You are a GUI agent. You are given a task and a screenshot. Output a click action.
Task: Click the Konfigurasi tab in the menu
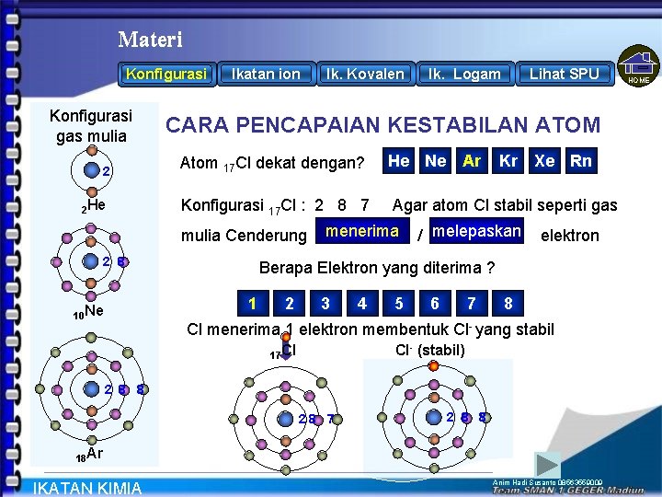166,74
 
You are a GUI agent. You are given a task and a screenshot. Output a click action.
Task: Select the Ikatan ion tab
266,74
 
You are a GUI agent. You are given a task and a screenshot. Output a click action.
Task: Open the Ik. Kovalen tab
365,74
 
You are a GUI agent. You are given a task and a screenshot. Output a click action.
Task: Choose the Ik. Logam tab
464,74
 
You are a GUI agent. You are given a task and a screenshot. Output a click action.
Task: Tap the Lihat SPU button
564,74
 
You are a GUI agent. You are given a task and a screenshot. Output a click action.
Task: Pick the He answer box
399,161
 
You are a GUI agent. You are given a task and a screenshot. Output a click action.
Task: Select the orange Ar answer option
472,161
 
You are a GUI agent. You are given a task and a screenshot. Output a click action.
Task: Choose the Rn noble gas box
581,161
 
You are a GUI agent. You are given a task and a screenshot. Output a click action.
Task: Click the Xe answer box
545,161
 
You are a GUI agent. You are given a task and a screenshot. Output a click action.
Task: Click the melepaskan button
476,231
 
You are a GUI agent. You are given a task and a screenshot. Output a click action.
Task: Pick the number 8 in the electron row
508,303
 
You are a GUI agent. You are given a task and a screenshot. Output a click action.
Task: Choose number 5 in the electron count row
398,303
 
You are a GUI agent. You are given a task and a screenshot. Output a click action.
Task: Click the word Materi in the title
151,40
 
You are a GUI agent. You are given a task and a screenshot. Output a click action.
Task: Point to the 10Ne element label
89,312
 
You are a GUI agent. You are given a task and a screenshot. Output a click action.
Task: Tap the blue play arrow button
548,464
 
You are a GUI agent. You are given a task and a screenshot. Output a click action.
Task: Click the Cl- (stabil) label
430,350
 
